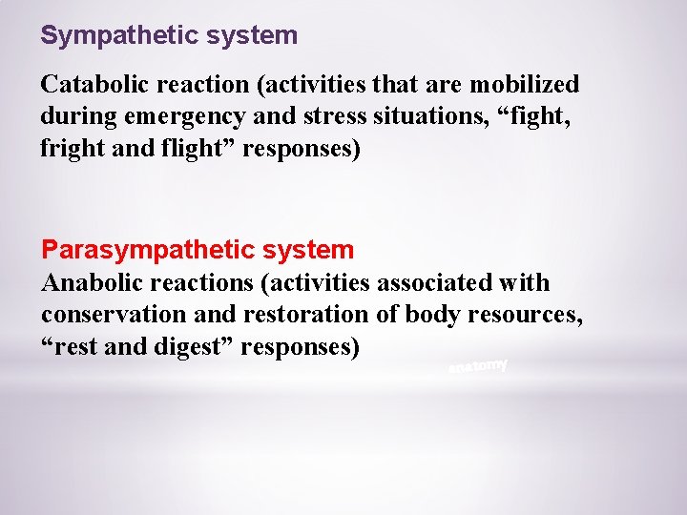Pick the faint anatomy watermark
point(478,367)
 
